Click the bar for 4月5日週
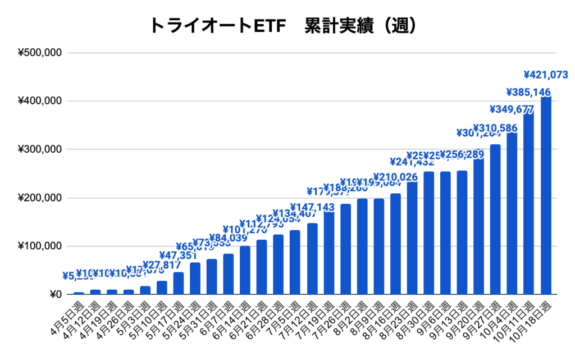point(79,293)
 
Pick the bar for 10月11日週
point(528,203)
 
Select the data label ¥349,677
point(512,109)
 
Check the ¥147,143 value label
point(312,207)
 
